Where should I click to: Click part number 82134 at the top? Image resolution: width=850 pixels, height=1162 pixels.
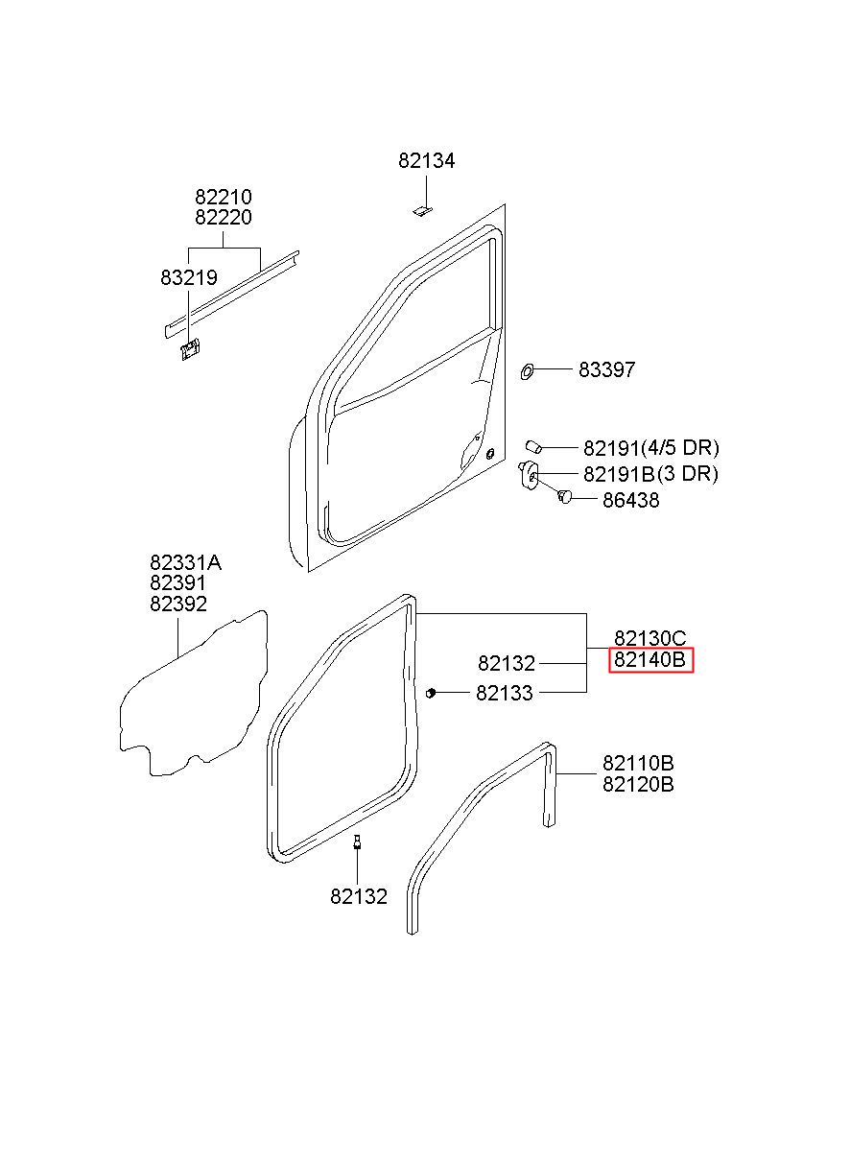(x=426, y=161)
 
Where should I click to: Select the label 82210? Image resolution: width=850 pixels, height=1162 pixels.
(x=224, y=197)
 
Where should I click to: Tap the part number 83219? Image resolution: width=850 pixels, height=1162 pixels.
(x=189, y=278)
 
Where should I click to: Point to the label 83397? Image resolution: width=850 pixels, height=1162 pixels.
(x=606, y=369)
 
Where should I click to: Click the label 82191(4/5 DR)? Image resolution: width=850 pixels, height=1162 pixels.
(x=651, y=448)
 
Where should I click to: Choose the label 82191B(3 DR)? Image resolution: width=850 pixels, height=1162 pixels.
(x=650, y=474)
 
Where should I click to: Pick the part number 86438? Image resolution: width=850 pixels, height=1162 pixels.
(x=630, y=500)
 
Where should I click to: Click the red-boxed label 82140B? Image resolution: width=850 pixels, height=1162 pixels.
(x=650, y=660)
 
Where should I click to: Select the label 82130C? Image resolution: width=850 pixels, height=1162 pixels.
(x=650, y=638)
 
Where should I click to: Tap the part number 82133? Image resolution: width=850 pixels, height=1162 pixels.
(x=504, y=693)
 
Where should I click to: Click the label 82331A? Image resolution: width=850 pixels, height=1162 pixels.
(x=186, y=563)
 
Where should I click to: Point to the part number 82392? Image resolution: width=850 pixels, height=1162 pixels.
(x=178, y=604)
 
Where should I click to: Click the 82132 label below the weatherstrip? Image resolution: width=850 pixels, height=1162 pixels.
(x=359, y=897)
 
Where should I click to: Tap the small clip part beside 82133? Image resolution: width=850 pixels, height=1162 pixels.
(x=430, y=693)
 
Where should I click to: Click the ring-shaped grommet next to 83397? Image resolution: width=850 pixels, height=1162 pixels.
(x=527, y=371)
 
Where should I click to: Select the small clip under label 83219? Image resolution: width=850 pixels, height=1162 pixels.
(x=191, y=349)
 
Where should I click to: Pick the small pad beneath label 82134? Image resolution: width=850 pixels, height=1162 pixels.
(x=423, y=210)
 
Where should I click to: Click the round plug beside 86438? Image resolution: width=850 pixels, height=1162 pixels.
(x=564, y=495)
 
